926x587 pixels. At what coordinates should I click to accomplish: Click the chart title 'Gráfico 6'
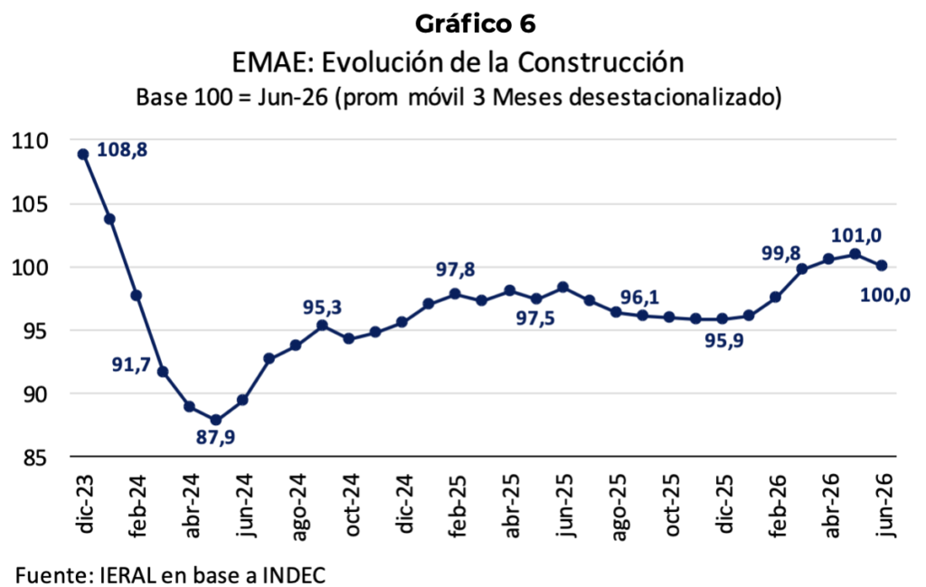476,24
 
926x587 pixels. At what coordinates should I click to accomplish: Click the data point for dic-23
83,154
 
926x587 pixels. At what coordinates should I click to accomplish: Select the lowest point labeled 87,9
215,420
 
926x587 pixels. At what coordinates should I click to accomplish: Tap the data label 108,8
122,150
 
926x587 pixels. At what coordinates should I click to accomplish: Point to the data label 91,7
132,365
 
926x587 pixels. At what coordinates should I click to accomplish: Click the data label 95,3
323,308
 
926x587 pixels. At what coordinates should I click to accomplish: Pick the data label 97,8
456,270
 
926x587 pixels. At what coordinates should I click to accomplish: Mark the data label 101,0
856,236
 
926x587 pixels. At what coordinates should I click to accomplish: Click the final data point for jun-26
882,266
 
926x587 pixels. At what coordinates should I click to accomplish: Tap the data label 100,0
885,295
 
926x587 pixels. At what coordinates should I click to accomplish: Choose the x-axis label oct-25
673,505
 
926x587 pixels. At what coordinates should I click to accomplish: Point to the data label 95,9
724,341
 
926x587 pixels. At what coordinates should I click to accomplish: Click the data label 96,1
639,297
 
